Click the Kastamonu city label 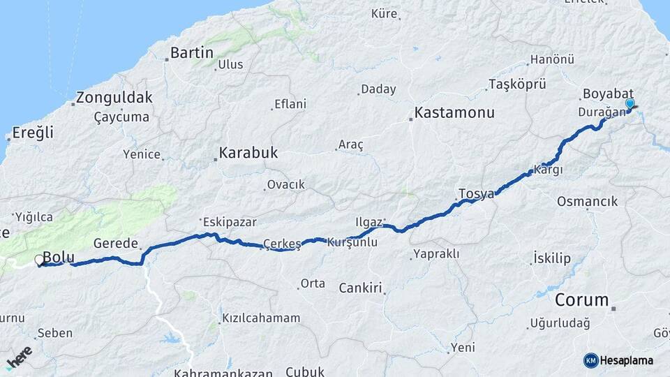pos(454,112)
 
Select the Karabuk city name pos(248,152)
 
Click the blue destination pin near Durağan pos(630,105)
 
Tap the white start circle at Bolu pos(39,260)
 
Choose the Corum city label pos(582,300)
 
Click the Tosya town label pos(476,193)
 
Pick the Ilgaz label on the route pos(368,222)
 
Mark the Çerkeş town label pos(282,244)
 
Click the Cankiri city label pos(362,288)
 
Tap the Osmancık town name pos(587,202)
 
